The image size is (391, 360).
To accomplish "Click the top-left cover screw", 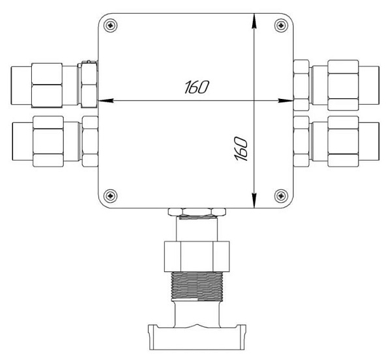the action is point(110,25).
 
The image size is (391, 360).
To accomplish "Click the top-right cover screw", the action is point(281,25).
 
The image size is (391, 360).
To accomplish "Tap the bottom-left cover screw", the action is point(110,196).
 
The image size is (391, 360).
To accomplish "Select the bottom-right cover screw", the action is point(281,196).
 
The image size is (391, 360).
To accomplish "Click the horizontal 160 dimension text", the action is point(197,87).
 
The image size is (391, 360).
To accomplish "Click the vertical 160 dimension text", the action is point(241,148).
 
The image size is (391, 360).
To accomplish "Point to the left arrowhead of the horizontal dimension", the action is point(106,101).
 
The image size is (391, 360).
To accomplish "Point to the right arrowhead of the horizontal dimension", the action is point(286,101).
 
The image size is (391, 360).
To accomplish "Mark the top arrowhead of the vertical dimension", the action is point(254,21).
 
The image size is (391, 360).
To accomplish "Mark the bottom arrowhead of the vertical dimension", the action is point(254,200).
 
